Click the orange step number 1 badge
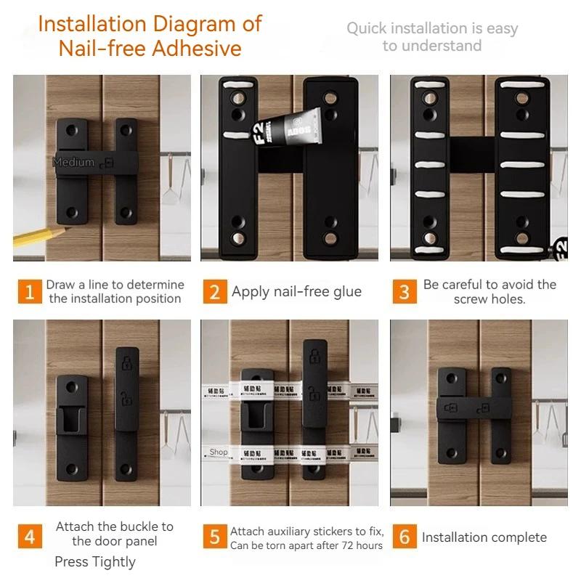[x=29, y=292]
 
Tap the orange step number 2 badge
[x=214, y=292]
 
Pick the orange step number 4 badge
[x=29, y=537]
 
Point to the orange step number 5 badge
[x=214, y=537]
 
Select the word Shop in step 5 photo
[x=219, y=452]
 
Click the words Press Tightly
[x=95, y=561]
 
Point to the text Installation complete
[x=484, y=537]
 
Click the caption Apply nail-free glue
[x=296, y=292]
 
